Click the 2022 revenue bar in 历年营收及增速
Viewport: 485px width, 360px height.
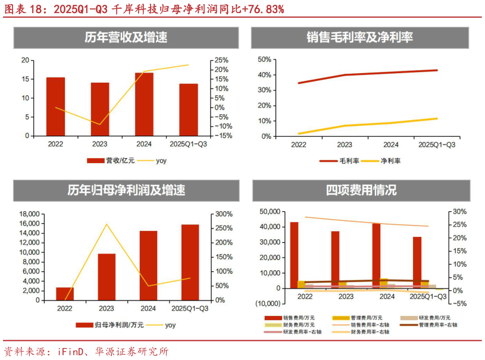coord(56,107)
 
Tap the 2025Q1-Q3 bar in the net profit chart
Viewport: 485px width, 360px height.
coord(190,262)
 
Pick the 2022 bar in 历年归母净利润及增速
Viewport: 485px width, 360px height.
coord(64,293)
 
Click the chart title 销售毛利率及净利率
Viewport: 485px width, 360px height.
coord(360,37)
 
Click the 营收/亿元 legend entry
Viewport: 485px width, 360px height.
coord(113,160)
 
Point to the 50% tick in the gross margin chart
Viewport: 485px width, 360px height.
coord(264,60)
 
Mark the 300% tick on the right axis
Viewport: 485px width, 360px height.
coord(224,214)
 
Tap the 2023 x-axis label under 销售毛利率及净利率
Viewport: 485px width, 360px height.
coord(345,145)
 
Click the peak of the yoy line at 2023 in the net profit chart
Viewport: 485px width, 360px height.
coord(107,224)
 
